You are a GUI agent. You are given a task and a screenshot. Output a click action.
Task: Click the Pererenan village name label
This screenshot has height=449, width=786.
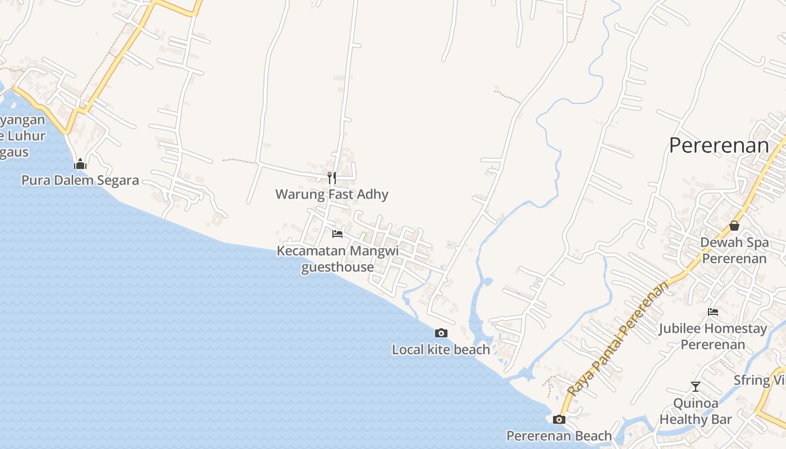(719, 146)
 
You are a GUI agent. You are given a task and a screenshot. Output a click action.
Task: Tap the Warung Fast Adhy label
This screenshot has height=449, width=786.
(332, 195)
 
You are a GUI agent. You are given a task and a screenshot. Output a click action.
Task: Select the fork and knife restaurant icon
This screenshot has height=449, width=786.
(332, 178)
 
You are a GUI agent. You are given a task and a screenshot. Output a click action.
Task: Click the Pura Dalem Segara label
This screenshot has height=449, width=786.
(80, 180)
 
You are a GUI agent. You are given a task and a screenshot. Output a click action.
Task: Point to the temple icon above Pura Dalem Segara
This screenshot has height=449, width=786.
(80, 164)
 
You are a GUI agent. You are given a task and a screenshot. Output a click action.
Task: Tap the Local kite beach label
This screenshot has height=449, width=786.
(441, 350)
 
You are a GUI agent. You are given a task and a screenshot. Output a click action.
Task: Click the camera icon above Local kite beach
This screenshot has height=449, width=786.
(441, 333)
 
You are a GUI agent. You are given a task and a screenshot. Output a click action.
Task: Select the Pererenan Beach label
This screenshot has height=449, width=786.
(559, 436)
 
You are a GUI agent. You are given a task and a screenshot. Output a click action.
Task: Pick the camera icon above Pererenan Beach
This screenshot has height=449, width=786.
(559, 419)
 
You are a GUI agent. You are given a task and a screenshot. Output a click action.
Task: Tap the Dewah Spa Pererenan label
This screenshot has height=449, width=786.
(734, 250)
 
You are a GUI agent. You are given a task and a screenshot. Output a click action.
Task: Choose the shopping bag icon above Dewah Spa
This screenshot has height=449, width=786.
(734, 226)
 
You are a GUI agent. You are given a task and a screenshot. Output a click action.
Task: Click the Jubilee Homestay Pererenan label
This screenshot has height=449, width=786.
(713, 336)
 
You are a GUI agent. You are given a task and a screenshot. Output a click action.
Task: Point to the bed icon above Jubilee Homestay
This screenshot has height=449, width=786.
(713, 312)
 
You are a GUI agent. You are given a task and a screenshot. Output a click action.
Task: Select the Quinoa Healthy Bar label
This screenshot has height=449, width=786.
(696, 411)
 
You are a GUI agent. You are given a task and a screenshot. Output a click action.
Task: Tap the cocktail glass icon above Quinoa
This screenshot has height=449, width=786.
(696, 386)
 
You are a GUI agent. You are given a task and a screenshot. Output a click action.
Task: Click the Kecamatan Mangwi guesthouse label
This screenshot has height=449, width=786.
(337, 259)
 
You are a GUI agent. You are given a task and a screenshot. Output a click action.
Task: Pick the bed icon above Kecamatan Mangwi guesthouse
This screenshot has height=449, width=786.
(337, 233)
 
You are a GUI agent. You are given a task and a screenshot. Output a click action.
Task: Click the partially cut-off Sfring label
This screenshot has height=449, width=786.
(760, 380)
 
